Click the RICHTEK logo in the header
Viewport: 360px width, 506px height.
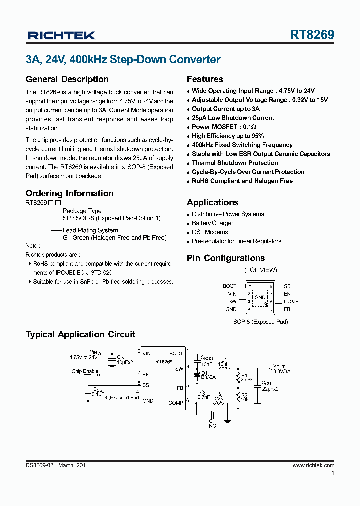click(61, 35)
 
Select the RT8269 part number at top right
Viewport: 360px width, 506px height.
click(312, 35)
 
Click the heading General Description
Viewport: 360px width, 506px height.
click(67, 79)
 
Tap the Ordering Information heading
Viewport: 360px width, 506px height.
click(69, 193)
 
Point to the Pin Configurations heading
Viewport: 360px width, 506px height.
click(225, 258)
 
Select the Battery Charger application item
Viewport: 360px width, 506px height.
click(212, 223)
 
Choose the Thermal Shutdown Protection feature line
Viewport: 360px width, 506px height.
click(235, 163)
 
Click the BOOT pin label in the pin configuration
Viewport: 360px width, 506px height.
click(229, 286)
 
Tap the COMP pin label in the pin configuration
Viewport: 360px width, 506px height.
click(291, 301)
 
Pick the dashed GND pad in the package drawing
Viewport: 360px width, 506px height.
click(260, 297)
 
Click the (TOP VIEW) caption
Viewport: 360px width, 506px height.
click(260, 270)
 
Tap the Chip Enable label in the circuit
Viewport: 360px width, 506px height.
click(85, 371)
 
